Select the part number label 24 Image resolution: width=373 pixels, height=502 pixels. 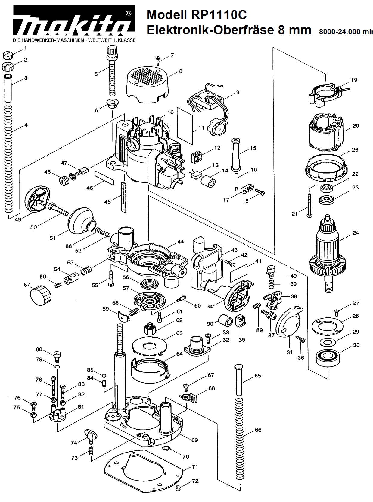pyautogui.click(x=356, y=233)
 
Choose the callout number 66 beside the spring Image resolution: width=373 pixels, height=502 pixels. pyautogui.click(x=258, y=430)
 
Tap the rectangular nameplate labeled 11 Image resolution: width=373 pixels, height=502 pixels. pyautogui.click(x=185, y=125)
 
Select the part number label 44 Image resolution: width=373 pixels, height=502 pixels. pyautogui.click(x=180, y=242)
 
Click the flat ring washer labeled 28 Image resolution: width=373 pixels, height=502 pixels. pyautogui.click(x=327, y=325)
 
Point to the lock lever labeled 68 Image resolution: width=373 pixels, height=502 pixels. pyautogui.click(x=190, y=398)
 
